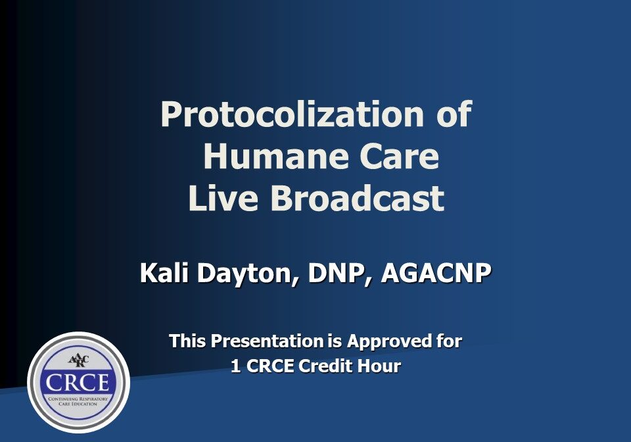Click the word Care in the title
(x=397, y=157)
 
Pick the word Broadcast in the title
(x=356, y=199)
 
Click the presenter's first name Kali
(x=162, y=273)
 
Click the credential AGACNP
(x=436, y=273)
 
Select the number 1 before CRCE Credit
(x=235, y=366)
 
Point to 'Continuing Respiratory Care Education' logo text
(x=78, y=401)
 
